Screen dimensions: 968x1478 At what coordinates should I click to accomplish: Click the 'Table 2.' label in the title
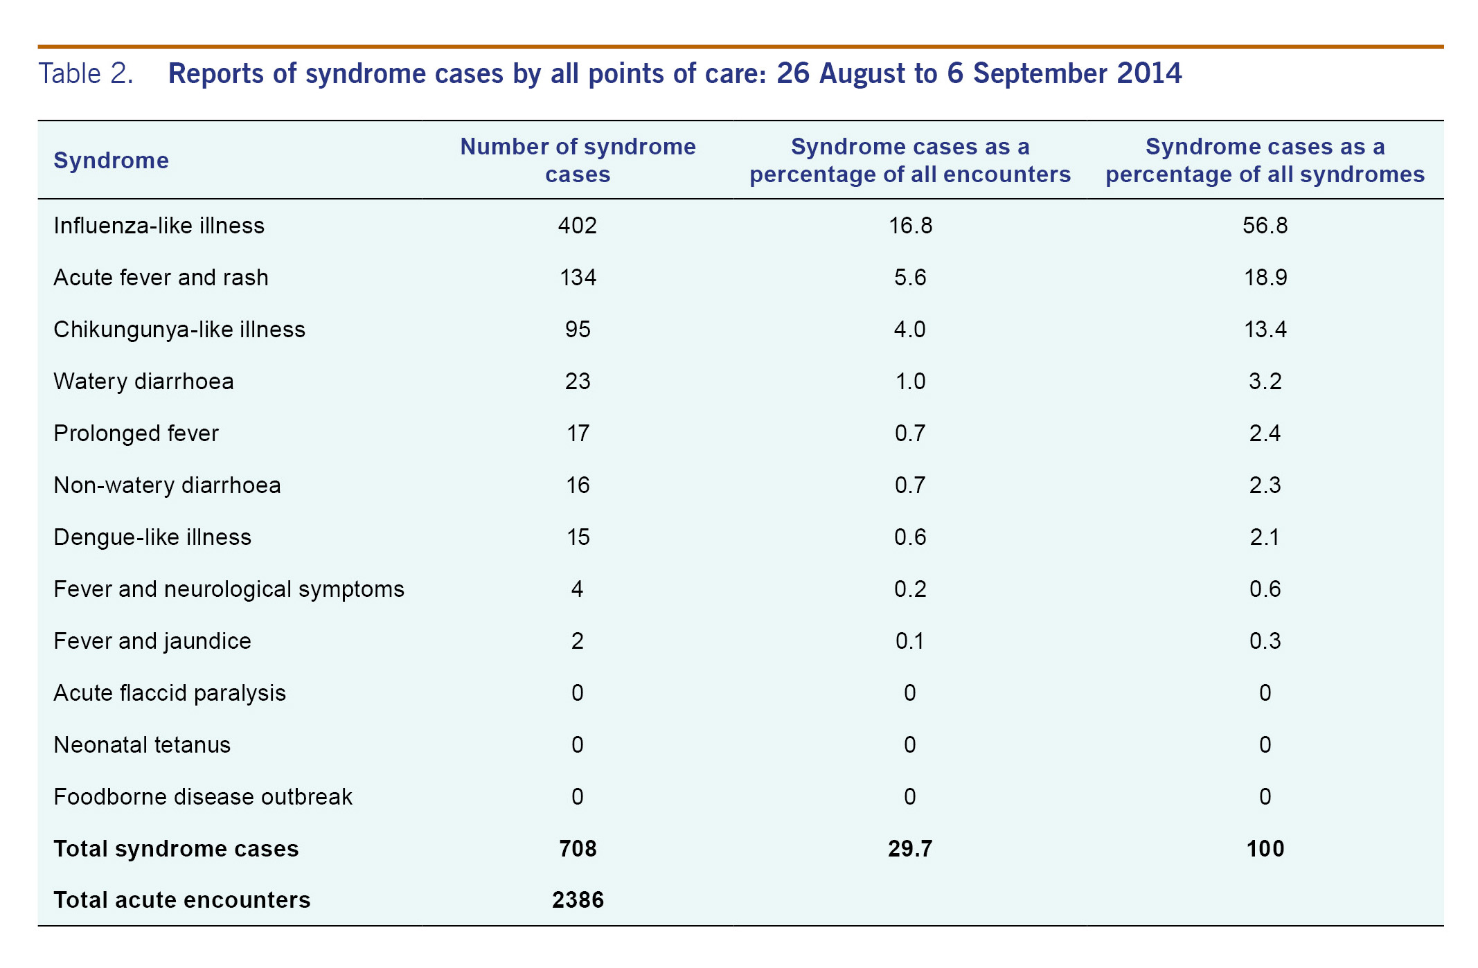point(86,73)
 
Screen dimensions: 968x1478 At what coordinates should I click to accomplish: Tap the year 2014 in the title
point(1149,73)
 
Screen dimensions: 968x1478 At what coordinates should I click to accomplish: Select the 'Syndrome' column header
point(111,161)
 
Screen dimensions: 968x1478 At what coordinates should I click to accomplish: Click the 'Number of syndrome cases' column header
point(578,161)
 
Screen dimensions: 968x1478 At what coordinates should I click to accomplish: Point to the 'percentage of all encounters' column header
point(910,161)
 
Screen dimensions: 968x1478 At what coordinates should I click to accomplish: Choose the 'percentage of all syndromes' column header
point(1265,161)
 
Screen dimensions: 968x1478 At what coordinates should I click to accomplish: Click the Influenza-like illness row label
point(159,226)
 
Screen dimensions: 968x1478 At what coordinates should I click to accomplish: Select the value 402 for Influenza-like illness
point(578,226)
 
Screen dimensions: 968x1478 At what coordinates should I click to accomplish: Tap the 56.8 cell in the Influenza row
point(1265,226)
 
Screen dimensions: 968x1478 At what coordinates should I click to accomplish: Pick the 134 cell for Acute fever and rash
point(578,278)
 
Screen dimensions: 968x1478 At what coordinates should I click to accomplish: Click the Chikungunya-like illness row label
point(179,330)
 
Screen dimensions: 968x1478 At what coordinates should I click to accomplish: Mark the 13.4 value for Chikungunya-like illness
point(1265,330)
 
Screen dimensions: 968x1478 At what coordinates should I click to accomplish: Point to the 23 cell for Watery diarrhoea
point(578,382)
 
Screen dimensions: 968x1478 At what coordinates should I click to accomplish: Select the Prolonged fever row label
point(136,433)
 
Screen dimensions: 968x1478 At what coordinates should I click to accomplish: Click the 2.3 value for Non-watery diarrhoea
point(1265,485)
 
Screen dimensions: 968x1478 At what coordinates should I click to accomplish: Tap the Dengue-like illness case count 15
point(578,537)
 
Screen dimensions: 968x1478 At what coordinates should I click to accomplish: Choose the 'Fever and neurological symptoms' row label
point(229,589)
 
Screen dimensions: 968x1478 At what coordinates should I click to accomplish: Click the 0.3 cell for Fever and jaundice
point(1265,641)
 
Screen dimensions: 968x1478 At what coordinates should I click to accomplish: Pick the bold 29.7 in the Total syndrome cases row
point(910,849)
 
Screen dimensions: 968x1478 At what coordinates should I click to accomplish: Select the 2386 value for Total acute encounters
point(578,900)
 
